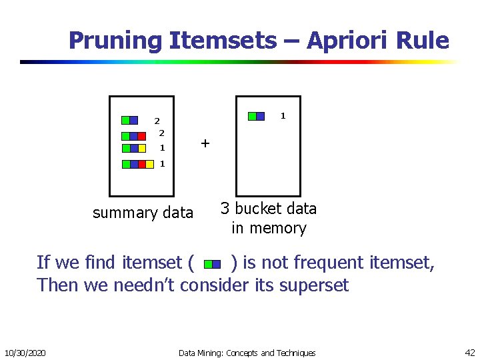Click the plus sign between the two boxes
click(x=205, y=143)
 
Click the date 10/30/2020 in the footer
click(x=25, y=353)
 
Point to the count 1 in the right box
click(x=283, y=116)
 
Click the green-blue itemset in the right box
click(x=256, y=116)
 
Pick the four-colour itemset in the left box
click(x=134, y=164)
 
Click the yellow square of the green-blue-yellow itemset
click(x=141, y=148)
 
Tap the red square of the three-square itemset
click(x=141, y=136)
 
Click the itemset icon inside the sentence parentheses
click(x=212, y=264)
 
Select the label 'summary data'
click(x=143, y=213)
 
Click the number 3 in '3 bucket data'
click(x=226, y=209)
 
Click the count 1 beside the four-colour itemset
click(x=162, y=164)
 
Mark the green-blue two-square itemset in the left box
click(x=129, y=121)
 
